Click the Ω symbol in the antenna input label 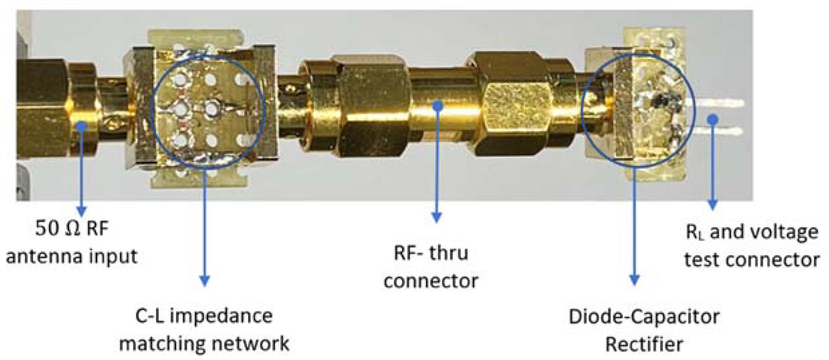tap(72, 229)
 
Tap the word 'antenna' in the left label tap(44, 257)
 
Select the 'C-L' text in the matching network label tap(149, 316)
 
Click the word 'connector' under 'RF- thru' tap(431, 281)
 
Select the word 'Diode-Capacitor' tap(644, 317)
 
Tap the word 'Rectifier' tap(644, 344)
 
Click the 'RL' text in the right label tap(694, 232)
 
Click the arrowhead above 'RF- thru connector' tap(437, 217)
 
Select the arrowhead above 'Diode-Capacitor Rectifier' tap(634, 279)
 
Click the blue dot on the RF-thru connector tap(437, 106)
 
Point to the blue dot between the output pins tap(712, 119)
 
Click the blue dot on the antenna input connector tap(82, 126)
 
